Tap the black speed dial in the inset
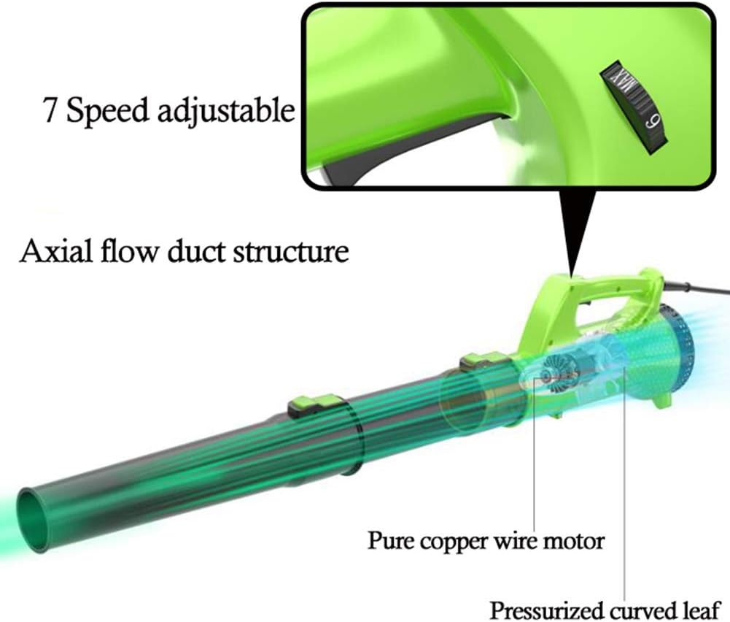click(x=633, y=107)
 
